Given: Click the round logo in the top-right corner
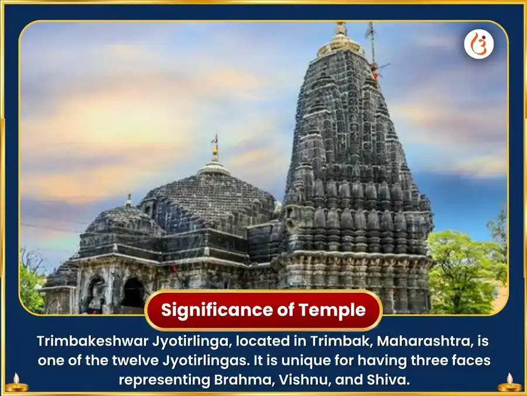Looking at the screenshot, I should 478,45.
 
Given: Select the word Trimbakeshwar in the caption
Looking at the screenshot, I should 97,341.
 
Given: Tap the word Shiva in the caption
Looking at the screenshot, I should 388,380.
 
